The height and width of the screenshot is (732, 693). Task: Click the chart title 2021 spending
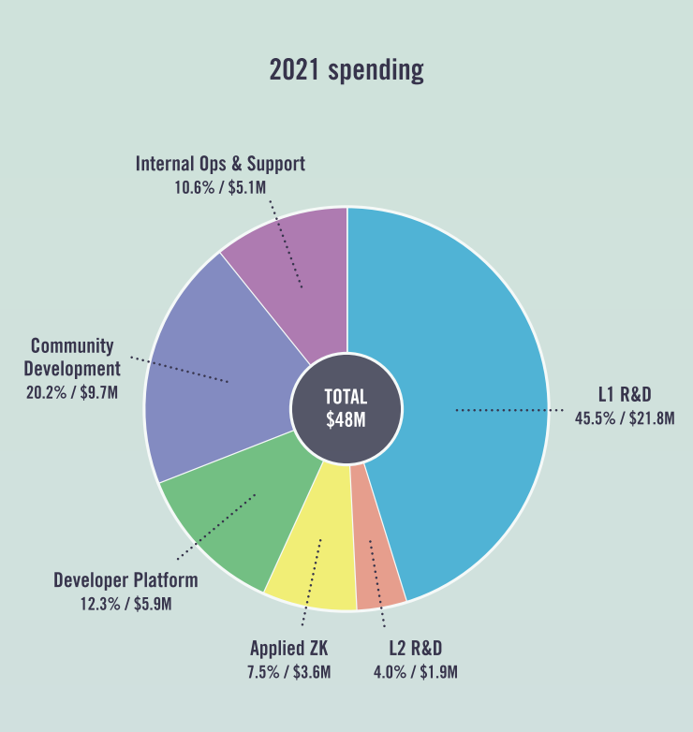346,70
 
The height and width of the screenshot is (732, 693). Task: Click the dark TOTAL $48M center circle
346,409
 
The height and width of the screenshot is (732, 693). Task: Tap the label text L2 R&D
415,648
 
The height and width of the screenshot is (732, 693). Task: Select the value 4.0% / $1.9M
415,671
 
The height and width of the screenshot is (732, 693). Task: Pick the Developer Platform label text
125,580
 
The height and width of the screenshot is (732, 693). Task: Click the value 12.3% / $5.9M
125,604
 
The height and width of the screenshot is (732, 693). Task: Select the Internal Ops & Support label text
220,164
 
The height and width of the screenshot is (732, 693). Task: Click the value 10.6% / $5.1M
220,187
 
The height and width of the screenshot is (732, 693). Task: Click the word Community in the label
72,346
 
